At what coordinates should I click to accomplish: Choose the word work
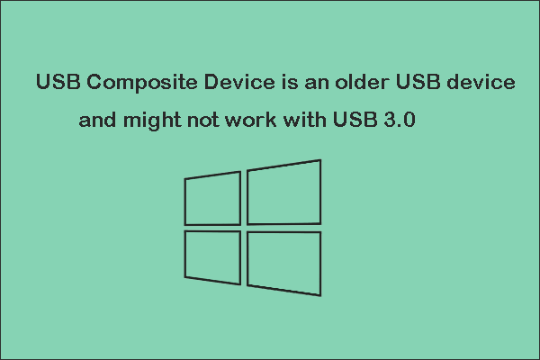(245, 121)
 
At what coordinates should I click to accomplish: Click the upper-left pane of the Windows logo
(212, 197)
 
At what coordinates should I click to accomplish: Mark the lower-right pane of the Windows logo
(283, 260)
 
